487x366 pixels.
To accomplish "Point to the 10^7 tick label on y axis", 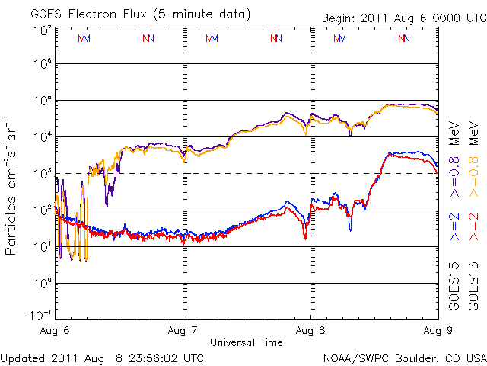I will tap(42, 30).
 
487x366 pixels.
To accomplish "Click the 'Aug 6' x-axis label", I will tap(56, 331).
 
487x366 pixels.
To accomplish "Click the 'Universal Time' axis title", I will tap(247, 342).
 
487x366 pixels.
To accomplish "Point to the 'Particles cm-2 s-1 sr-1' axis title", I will tap(13, 186).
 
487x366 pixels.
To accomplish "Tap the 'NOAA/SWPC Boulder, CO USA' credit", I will tap(403, 356).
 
